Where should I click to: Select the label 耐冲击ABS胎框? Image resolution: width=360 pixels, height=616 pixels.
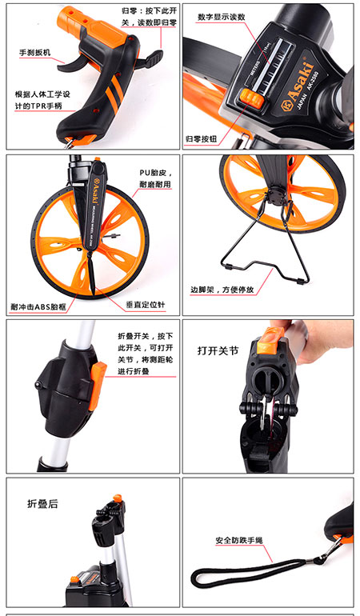[x=38, y=306]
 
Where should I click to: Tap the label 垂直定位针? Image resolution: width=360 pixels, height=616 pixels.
[x=145, y=305]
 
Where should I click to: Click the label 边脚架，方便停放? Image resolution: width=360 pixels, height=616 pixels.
[x=222, y=289]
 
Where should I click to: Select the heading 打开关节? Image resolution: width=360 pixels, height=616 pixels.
[x=218, y=350]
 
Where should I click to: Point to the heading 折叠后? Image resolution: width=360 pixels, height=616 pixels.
[x=43, y=504]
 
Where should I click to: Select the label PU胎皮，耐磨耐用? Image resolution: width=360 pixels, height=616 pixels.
[x=155, y=179]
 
